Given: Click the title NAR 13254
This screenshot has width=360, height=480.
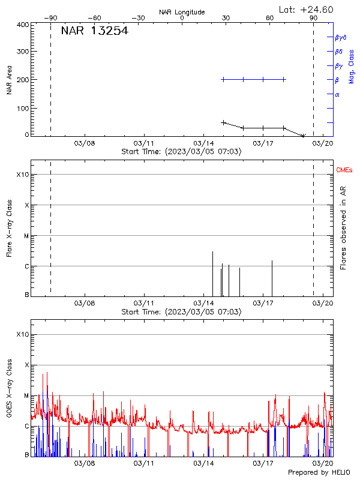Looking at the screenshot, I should tap(94, 31).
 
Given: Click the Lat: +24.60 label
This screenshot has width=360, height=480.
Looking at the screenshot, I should tap(306, 9).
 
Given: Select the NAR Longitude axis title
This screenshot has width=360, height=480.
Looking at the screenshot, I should tap(182, 12).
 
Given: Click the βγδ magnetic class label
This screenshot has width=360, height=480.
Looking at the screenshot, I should tap(341, 37).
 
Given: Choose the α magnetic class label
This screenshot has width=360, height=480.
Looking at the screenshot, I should tap(337, 94).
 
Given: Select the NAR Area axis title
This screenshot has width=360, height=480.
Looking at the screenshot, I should tap(10, 80).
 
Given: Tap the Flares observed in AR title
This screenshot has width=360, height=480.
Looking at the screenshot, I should tap(343, 227).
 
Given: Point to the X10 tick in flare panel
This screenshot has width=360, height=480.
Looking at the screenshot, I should tap(22, 175).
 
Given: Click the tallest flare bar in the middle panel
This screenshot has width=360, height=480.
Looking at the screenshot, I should tap(213, 273).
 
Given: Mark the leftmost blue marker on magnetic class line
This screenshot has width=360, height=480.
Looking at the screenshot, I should tap(223, 79).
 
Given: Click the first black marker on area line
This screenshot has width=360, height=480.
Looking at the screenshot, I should tap(223, 122).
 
